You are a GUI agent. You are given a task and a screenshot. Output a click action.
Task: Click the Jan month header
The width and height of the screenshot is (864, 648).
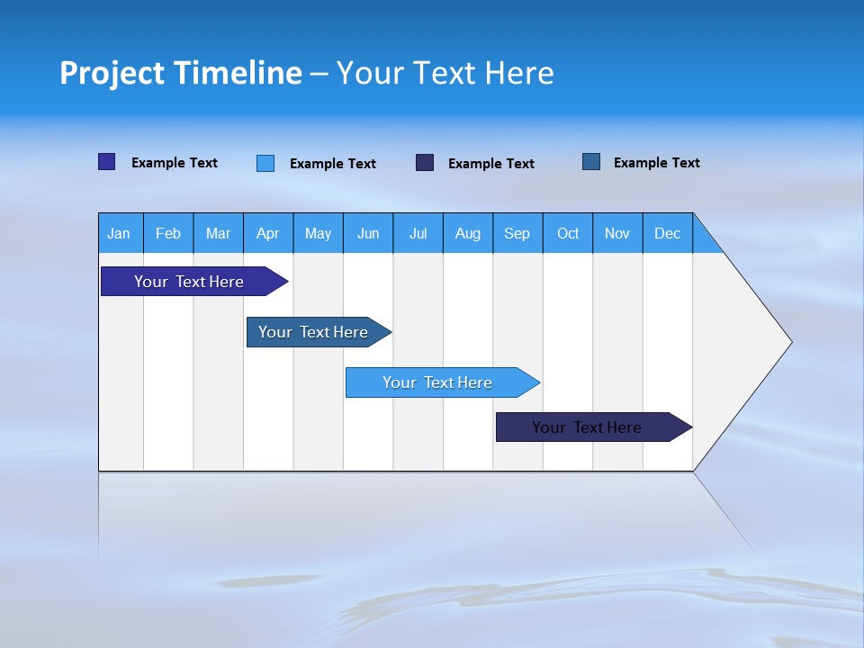click(119, 233)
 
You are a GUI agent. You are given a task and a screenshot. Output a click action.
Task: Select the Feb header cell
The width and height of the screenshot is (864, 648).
click(168, 233)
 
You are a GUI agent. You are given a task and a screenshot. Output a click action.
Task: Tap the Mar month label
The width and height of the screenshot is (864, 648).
click(218, 233)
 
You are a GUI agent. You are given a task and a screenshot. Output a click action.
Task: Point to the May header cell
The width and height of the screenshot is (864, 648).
click(318, 233)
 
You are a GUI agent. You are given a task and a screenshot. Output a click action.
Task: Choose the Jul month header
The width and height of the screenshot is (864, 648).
click(418, 233)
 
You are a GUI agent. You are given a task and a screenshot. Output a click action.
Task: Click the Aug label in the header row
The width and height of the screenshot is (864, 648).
click(468, 233)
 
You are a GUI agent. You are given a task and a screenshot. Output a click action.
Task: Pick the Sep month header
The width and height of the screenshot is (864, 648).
click(517, 233)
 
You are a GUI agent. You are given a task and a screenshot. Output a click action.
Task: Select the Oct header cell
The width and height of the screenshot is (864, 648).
click(568, 233)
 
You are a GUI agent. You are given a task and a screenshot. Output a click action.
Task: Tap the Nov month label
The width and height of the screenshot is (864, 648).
click(617, 233)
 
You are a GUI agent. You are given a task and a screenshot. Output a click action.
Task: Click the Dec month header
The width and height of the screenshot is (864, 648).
click(668, 233)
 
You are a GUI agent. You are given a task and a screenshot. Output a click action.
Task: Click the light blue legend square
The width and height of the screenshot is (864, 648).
click(265, 163)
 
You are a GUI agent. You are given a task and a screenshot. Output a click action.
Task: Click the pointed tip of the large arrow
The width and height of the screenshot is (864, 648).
click(788, 342)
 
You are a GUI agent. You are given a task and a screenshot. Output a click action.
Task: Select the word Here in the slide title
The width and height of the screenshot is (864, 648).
click(519, 73)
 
